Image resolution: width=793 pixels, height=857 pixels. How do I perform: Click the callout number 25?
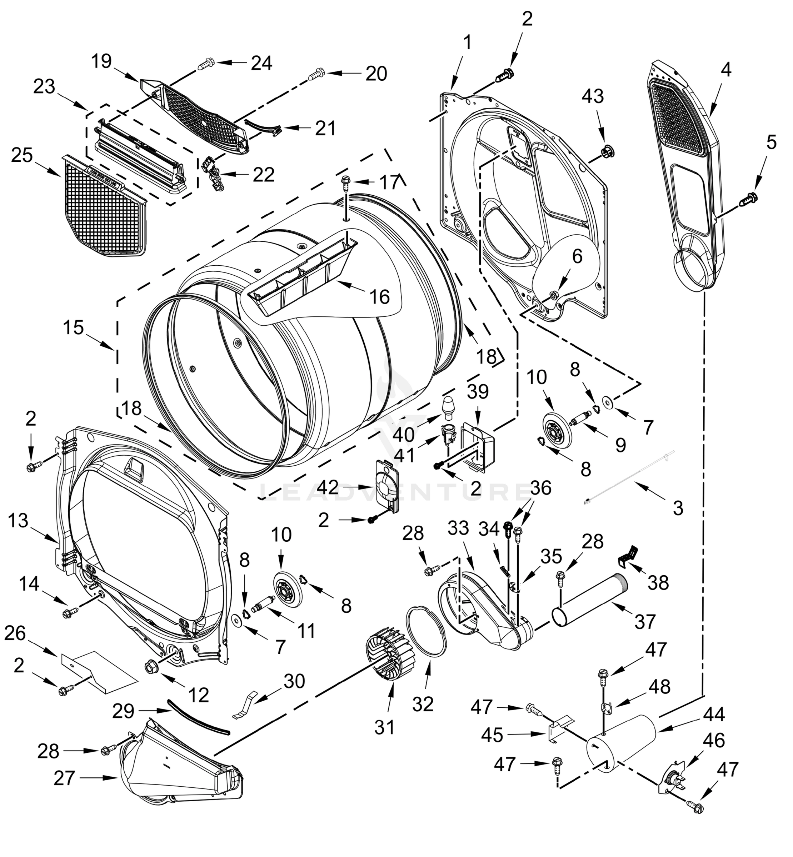coord(22,156)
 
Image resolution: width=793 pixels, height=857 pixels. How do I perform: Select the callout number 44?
coord(714,714)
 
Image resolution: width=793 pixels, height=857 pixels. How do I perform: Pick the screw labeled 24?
coord(206,65)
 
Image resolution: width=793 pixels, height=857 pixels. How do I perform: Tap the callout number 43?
coord(593,96)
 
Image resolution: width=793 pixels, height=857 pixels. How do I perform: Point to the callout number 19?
coord(101,61)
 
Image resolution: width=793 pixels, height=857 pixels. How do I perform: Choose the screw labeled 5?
coord(749,198)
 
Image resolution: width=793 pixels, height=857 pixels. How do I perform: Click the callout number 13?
coord(18,521)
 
